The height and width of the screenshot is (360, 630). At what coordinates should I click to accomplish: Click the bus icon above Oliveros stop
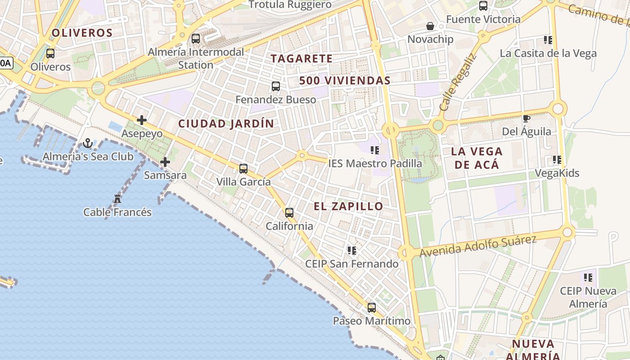pos(50,54)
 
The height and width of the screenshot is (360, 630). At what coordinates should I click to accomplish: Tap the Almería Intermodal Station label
pos(196,58)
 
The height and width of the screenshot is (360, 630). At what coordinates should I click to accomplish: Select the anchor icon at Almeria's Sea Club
pos(88,144)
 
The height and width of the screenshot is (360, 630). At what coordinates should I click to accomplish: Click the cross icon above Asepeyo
pos(142,120)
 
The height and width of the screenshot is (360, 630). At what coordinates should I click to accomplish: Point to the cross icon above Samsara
pos(165,162)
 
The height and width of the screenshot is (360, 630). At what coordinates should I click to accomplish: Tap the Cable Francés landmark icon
pos(117,198)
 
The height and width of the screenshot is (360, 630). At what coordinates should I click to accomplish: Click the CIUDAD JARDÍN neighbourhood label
pos(226,124)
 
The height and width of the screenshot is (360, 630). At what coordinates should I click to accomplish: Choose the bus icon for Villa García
pos(243,169)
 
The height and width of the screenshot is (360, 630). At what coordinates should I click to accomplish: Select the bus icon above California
pos(289,213)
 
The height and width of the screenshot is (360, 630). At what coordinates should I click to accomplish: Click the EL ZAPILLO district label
pos(348,207)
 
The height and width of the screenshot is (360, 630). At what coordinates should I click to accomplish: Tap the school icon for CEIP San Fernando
pos(351,250)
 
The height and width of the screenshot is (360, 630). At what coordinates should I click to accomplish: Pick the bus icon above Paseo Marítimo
pos(372,308)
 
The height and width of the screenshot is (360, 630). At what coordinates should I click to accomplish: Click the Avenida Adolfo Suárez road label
pos(478,246)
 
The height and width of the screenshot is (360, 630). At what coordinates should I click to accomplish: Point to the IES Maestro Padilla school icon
pos(375,150)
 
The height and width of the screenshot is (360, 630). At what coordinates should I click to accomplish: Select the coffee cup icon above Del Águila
pos(526,118)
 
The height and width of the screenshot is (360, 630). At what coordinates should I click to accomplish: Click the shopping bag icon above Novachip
pos(430,26)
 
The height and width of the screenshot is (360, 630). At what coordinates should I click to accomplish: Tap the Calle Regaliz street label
pos(457,83)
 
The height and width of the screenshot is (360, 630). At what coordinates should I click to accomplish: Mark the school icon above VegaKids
pos(557,160)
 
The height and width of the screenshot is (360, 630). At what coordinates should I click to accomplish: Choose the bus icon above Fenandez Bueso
pos(276,86)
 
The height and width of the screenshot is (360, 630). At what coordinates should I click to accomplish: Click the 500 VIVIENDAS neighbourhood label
pos(345,81)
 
